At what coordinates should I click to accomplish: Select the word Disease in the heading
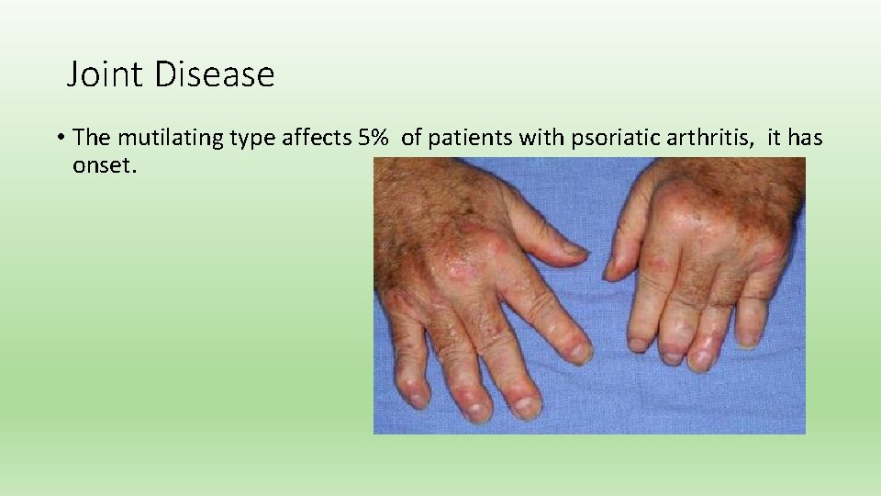click(215, 74)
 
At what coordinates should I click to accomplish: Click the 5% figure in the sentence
click(372, 138)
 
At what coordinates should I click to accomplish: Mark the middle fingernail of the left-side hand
click(528, 407)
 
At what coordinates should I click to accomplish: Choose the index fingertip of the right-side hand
click(640, 344)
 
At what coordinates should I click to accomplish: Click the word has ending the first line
click(804, 138)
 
